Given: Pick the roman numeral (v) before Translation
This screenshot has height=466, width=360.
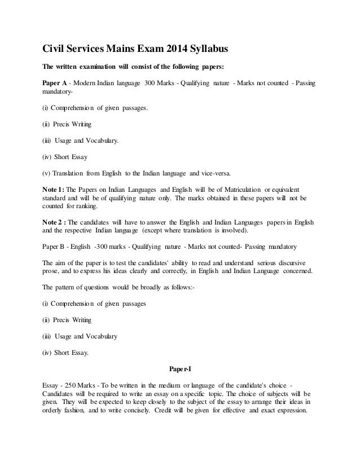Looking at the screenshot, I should (x=46, y=172).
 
